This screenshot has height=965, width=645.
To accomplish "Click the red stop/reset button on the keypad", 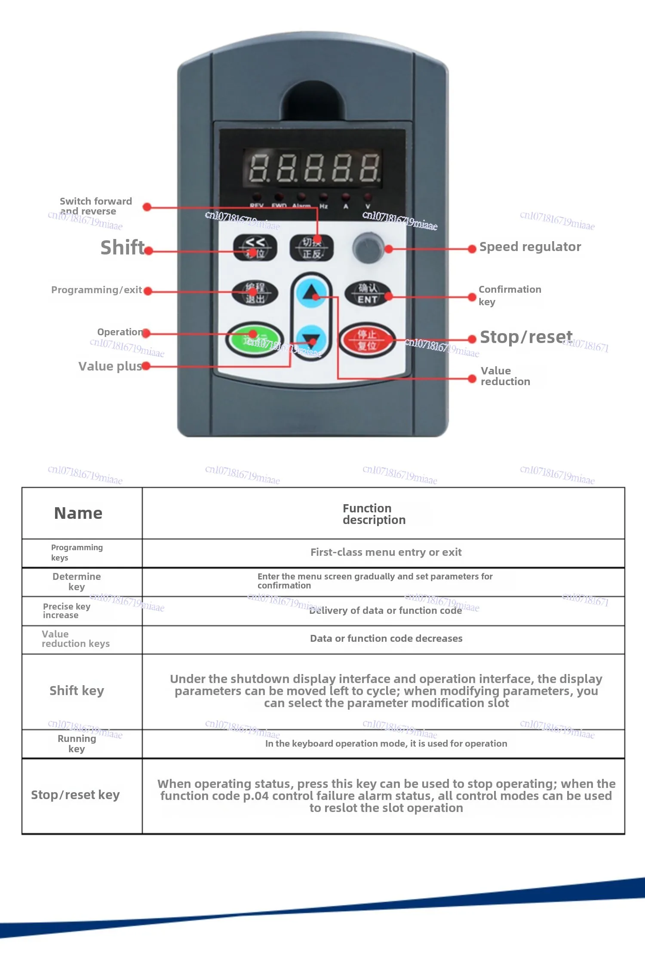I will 367,340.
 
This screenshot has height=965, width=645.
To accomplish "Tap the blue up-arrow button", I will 311,293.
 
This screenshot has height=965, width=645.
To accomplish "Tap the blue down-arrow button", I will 311,340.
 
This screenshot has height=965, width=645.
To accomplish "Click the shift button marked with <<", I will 255,248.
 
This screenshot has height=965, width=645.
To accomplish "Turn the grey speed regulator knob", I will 368,248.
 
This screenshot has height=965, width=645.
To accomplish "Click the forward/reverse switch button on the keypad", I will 311,248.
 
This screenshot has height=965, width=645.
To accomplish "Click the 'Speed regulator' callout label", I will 530,247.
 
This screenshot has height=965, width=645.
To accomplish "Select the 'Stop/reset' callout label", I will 526,337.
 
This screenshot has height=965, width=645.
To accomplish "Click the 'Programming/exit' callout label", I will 97,290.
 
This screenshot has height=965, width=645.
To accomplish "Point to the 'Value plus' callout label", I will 110,366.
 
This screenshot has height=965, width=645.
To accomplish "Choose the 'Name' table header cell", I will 78,513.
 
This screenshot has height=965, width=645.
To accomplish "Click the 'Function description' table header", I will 374,514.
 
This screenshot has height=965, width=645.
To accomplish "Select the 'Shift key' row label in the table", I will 77,691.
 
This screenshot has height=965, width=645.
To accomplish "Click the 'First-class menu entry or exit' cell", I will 386,552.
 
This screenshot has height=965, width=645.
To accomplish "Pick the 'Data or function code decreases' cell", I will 386,639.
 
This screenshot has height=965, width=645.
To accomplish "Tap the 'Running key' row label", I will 77,744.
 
